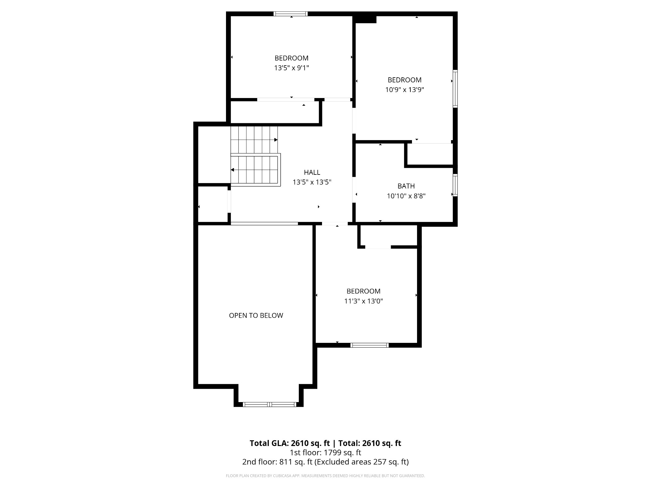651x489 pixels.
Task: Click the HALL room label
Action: click(312, 172)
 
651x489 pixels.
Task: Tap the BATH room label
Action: click(406, 186)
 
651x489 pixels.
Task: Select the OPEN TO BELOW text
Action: click(256, 315)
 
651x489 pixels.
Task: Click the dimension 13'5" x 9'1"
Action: click(291, 68)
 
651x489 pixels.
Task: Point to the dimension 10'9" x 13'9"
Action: click(405, 90)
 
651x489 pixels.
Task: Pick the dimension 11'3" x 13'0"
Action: click(363, 301)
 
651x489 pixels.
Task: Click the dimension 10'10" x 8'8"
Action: click(406, 196)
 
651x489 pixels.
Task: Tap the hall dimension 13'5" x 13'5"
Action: click(312, 182)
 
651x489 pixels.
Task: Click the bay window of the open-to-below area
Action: click(269, 404)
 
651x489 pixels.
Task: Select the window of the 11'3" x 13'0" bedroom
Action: click(369, 345)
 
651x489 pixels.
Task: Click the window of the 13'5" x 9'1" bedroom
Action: click(291, 14)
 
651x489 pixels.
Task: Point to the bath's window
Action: click(455, 185)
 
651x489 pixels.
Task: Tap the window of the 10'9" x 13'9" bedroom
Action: click(455, 89)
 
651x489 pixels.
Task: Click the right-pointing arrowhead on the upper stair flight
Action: click(276, 140)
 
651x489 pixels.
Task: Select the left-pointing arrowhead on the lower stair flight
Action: click(232, 170)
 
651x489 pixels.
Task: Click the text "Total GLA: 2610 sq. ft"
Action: click(290, 443)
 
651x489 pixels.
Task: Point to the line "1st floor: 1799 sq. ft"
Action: click(325, 452)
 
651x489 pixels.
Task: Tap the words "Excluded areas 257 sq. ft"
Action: click(361, 462)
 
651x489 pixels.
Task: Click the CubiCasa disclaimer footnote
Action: click(325, 476)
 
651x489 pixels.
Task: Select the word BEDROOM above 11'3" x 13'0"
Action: click(363, 291)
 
